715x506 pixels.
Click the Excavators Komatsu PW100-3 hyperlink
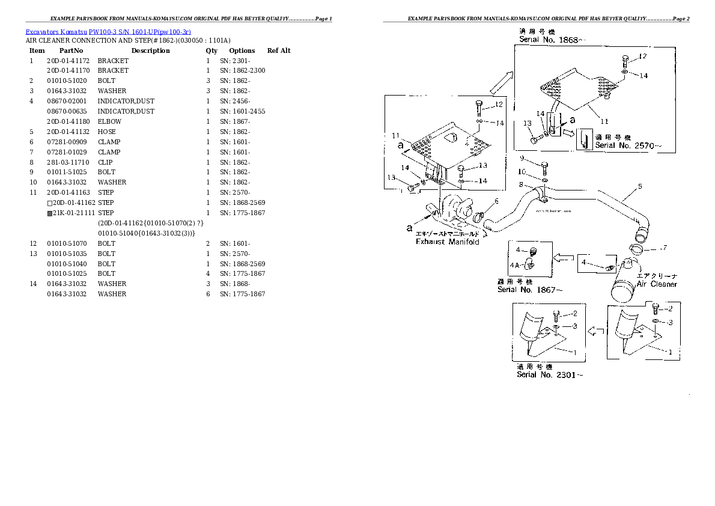coord(108,31)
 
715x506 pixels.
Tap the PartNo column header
coord(71,50)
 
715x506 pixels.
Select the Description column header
coord(150,50)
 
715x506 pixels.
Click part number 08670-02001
coord(67,101)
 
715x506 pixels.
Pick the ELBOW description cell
coord(109,121)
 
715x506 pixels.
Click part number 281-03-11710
coord(67,162)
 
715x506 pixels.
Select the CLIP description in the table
coord(105,162)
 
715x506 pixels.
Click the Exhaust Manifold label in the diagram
coord(448,242)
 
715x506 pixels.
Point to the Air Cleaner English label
coord(657,284)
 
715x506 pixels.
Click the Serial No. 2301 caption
coord(550,375)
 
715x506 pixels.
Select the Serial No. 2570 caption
coord(628,145)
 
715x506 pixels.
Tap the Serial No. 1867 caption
coord(530,290)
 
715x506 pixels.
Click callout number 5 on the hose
coord(640,186)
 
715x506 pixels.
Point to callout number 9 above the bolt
coord(522,158)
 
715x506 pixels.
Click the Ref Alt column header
coord(279,50)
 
